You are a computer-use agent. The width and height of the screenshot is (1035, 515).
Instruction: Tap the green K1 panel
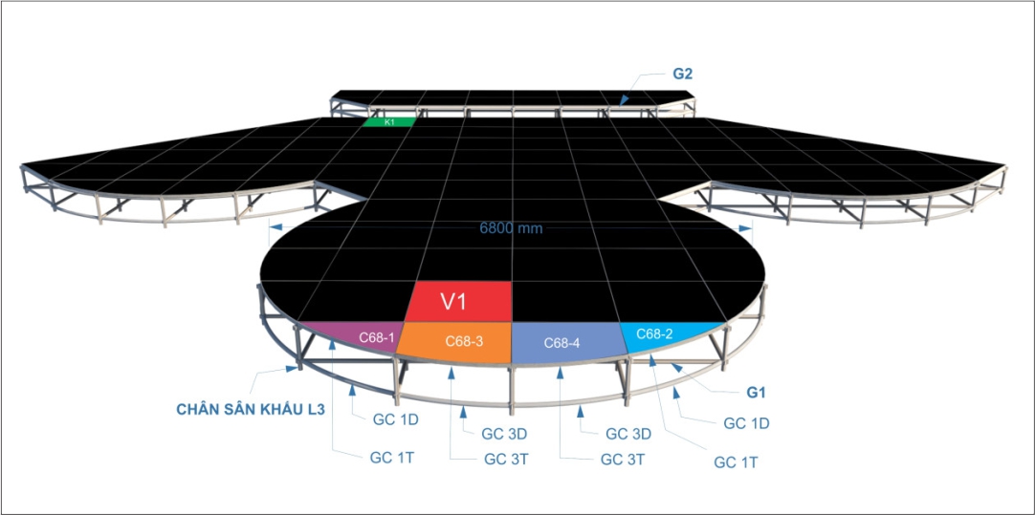[x=389, y=122]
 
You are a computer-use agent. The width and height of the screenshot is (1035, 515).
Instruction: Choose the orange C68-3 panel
[x=459, y=341]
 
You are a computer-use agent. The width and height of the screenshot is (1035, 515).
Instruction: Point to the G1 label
[x=757, y=392]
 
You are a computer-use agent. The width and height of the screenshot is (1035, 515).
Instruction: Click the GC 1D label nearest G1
[x=746, y=423]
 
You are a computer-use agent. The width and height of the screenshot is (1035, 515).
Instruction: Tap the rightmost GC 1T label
[x=736, y=461]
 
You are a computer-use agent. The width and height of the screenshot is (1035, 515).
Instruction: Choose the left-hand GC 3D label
[x=503, y=434]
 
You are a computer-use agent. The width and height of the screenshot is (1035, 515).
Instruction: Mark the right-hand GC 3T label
[x=623, y=460]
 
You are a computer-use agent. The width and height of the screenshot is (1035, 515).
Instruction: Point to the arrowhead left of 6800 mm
[x=274, y=226]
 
